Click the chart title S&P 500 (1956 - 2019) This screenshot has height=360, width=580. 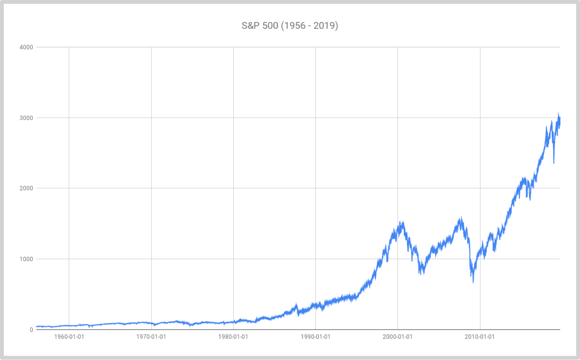point(290,25)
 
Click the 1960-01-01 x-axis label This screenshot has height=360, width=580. point(69,337)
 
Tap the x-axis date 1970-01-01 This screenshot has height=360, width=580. point(151,337)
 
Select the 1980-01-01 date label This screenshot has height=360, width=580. point(233,337)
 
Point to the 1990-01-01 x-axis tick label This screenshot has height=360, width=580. point(315,337)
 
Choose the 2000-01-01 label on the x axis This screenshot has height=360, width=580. point(398,337)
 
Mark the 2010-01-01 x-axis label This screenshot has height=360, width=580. point(480,337)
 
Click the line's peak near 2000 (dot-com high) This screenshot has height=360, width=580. point(402,222)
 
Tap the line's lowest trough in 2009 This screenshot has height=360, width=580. point(473,282)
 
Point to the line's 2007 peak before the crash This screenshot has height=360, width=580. point(461,217)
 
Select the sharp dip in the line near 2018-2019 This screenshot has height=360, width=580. point(554,163)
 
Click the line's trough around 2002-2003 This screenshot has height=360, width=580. point(421,274)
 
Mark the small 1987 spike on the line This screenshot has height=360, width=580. point(296,304)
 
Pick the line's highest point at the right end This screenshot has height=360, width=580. point(558,113)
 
